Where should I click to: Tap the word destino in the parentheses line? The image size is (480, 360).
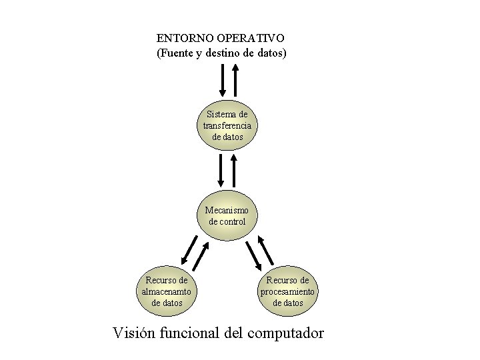[229, 52]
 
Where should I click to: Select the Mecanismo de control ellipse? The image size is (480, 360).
[227, 215]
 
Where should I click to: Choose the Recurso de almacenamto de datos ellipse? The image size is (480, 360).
[167, 291]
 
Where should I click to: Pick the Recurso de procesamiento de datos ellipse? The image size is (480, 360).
[288, 291]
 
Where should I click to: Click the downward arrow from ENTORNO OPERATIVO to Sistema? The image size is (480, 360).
[223, 80]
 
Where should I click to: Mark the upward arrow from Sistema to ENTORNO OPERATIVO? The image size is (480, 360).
[235, 80]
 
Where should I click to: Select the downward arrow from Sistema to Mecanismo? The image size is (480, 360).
[222, 169]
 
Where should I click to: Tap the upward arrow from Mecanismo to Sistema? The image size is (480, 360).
[235, 169]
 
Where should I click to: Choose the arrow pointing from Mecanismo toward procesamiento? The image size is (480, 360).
[253, 255]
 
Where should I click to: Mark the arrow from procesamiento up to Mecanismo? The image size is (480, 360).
[266, 250]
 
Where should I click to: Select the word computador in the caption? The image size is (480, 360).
[285, 333]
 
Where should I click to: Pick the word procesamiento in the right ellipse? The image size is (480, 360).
[288, 291]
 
